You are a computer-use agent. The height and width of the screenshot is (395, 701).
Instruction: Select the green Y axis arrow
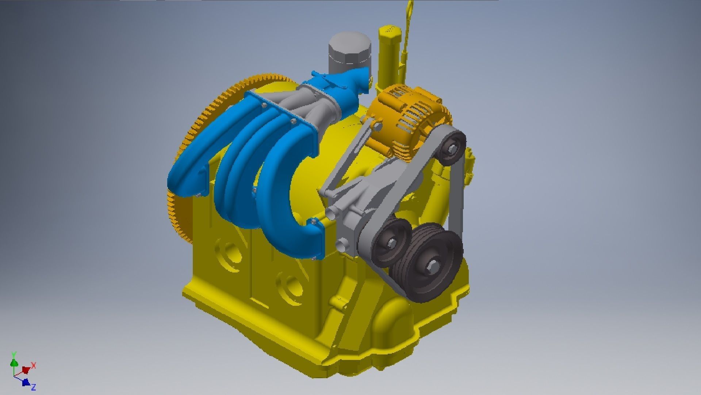pos(14,362)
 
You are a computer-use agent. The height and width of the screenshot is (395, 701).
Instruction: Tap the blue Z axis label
pos(33,387)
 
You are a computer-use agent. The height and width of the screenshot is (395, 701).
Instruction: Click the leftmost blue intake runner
pos(190,172)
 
